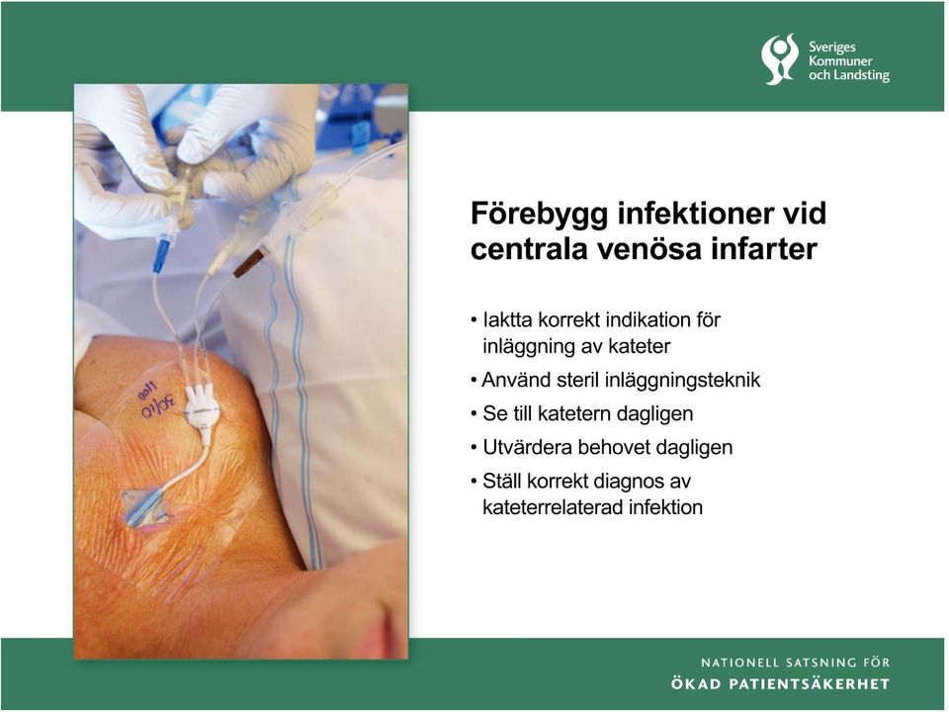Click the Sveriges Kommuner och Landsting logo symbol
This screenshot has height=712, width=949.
tap(780, 59)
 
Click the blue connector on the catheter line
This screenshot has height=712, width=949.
tap(162, 256)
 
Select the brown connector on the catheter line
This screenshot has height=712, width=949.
tap(249, 262)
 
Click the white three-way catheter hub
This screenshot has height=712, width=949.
tap(202, 408)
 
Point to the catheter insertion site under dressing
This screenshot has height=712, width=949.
tap(144, 507)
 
